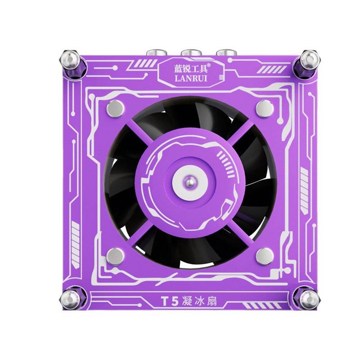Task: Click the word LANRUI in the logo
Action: coord(191,78)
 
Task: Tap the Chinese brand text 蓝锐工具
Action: coord(190,68)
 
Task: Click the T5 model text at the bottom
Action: coord(170,301)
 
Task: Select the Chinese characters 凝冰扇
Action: coord(199,301)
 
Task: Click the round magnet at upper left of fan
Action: coord(115,108)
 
